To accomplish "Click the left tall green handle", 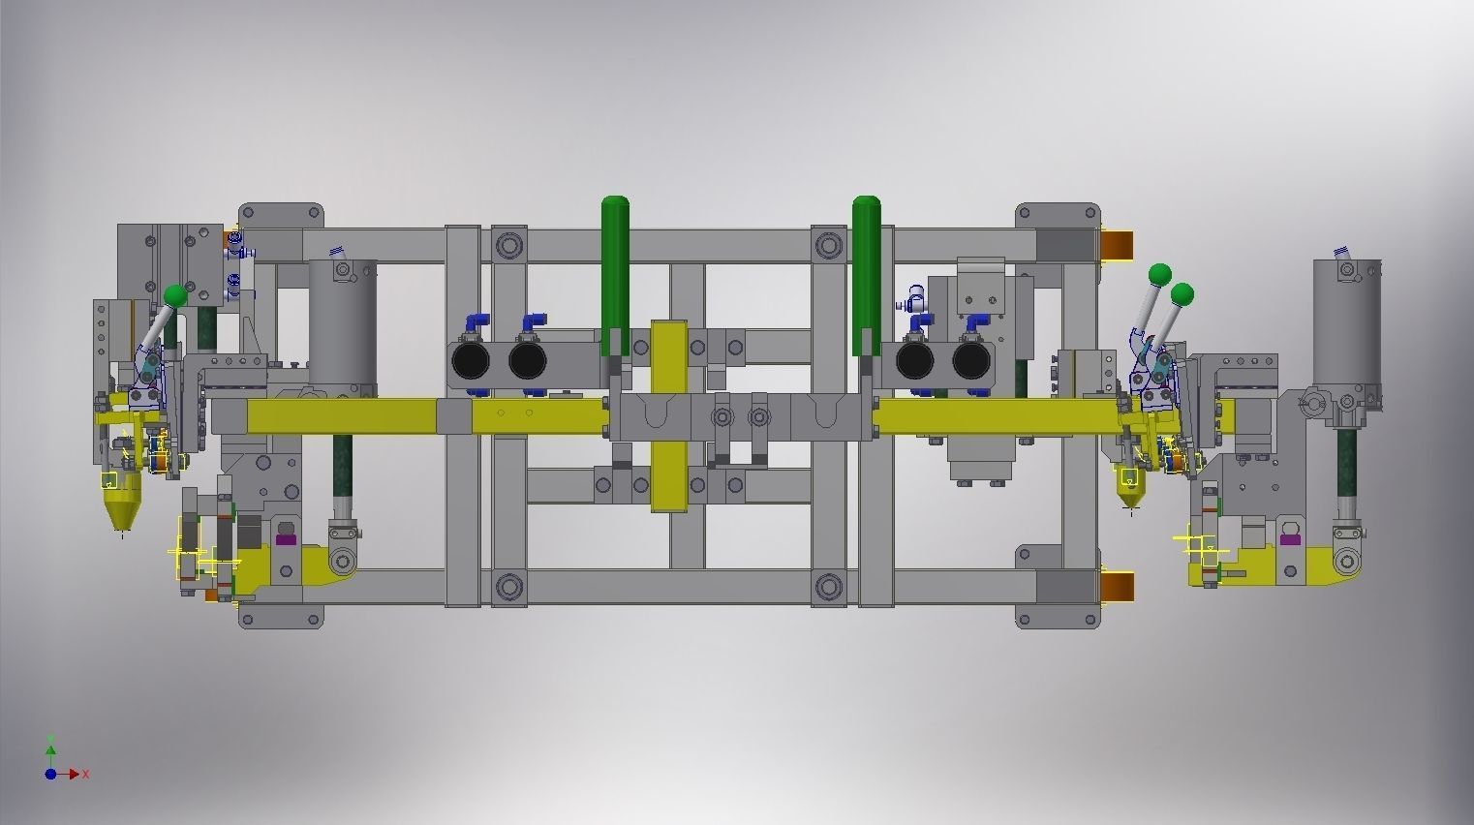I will [614, 261].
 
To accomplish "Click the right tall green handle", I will [866, 261].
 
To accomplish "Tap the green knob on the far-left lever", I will [175, 295].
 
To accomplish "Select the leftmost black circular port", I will [471, 361].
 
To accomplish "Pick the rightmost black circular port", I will [971, 361].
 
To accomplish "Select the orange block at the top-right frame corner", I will [1118, 244].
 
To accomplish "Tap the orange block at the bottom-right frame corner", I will [1118, 586].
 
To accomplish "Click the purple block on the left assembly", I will [286, 538].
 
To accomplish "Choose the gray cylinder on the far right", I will [1346, 329].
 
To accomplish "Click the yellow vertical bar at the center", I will [668, 416].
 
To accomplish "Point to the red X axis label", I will [86, 775].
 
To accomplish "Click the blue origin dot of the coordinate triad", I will [50, 774].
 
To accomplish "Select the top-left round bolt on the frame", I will [509, 244].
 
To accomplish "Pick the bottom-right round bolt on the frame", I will [829, 586].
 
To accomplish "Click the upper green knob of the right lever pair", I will [1159, 274].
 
